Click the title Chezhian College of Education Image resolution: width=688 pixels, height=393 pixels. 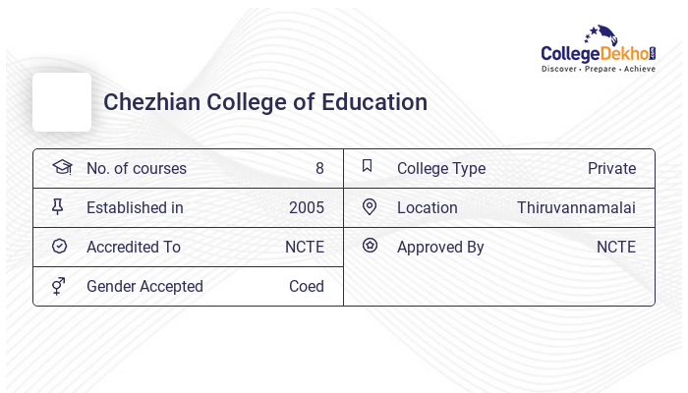pos(265,102)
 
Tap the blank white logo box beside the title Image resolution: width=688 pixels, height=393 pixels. pos(62,102)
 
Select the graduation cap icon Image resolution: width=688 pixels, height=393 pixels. pos(61,167)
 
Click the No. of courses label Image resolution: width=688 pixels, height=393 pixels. pos(136,168)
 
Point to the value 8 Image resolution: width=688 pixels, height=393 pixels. pos(319,168)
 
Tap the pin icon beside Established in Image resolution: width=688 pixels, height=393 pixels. pos(58,207)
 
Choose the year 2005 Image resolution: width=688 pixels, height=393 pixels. pos(306,207)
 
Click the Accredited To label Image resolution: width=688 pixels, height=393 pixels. pos(133,247)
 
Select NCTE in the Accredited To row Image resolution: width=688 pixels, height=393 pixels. pos(305,247)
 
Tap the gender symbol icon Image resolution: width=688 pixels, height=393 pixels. pos(59,286)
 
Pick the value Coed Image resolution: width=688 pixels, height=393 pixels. pos(306,286)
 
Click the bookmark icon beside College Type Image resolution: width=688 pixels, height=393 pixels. pos(367,166)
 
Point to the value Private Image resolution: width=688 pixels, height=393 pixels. pos(611,168)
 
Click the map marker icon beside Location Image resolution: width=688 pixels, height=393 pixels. pos(370,206)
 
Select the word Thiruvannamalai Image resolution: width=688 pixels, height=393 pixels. pos(576,207)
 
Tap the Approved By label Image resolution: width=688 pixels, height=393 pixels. pos(440,247)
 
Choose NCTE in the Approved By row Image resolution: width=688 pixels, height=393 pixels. pos(616,247)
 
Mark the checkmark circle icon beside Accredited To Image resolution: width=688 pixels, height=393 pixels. pos(59,246)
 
